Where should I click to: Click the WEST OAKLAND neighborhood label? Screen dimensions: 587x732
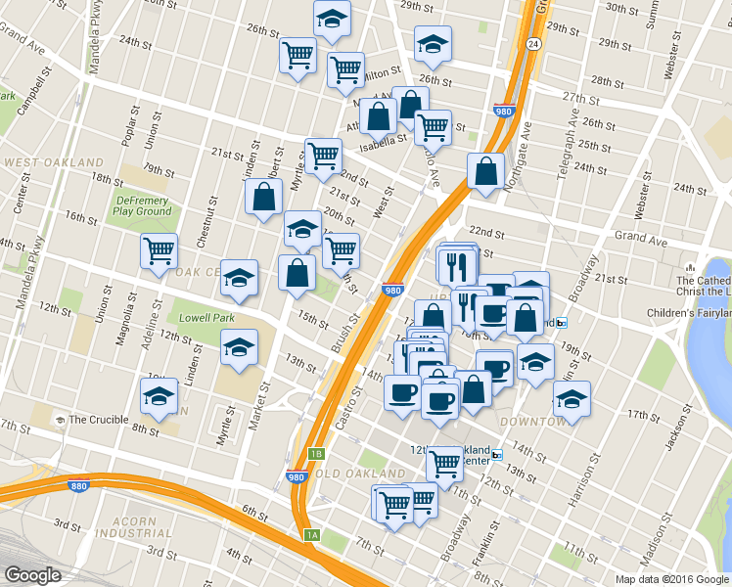click(x=53, y=161)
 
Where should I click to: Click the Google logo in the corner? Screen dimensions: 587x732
click(x=33, y=575)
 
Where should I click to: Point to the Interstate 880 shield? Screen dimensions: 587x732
click(x=77, y=485)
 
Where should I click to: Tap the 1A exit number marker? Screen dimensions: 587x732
click(x=311, y=534)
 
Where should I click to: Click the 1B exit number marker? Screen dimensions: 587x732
click(x=315, y=454)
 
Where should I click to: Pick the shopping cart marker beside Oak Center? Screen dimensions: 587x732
click(x=159, y=251)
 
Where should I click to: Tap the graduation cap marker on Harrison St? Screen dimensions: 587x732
click(x=572, y=399)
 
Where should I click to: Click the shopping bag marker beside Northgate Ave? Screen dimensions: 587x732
click(x=486, y=171)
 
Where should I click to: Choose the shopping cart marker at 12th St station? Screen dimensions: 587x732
click(x=444, y=463)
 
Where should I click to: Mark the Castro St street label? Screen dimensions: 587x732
click(x=350, y=404)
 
